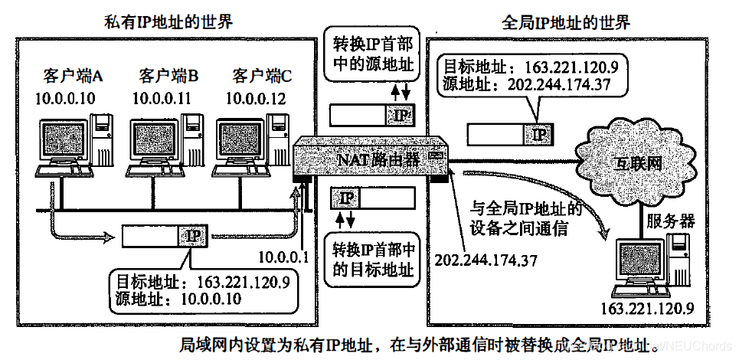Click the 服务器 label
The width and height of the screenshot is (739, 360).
pos(671,221)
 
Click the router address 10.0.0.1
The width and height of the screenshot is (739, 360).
pos(283,257)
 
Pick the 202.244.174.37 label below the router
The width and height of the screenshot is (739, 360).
pos(486,260)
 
